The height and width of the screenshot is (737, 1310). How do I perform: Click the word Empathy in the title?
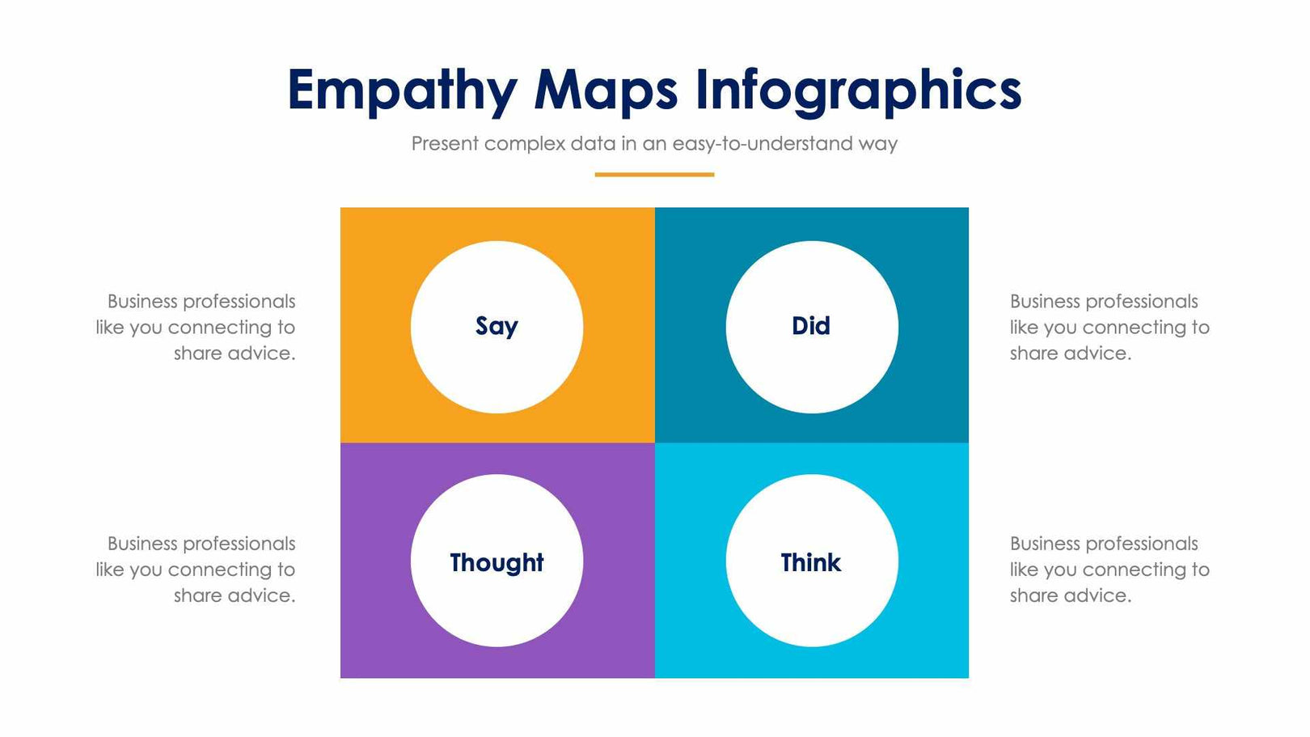(x=402, y=90)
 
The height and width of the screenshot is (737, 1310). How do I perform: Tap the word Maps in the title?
(x=606, y=90)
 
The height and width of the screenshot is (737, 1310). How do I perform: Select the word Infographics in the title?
(x=858, y=90)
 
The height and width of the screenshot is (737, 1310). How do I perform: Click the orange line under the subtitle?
(x=654, y=174)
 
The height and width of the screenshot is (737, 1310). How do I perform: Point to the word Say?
(x=497, y=326)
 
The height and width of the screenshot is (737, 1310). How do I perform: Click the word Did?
(x=811, y=326)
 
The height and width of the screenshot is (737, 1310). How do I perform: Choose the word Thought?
(x=497, y=562)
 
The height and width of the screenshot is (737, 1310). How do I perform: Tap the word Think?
(x=811, y=562)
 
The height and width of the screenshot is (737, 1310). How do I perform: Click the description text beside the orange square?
(x=196, y=327)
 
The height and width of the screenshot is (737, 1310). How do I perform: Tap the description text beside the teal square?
(x=1109, y=327)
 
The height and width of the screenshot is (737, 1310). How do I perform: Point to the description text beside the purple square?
(x=196, y=570)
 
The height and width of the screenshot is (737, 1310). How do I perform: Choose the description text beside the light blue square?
(x=1109, y=570)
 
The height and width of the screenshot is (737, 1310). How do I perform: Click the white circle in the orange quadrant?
(x=497, y=372)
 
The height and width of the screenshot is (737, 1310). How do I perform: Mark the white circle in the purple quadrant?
(x=497, y=607)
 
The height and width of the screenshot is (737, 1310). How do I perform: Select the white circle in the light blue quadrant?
(x=812, y=607)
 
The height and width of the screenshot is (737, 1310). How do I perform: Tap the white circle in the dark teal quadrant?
(x=812, y=372)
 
